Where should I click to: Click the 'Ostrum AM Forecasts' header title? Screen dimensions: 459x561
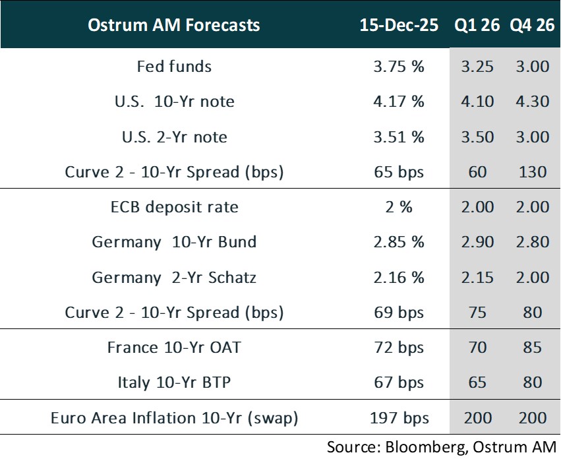174,26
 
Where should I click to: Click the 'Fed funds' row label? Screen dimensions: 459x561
174,67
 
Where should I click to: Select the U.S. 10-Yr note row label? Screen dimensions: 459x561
174,102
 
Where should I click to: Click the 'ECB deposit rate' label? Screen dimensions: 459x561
174,207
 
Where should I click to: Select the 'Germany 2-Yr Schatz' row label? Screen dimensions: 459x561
174,277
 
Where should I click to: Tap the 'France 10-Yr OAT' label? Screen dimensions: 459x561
174,347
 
